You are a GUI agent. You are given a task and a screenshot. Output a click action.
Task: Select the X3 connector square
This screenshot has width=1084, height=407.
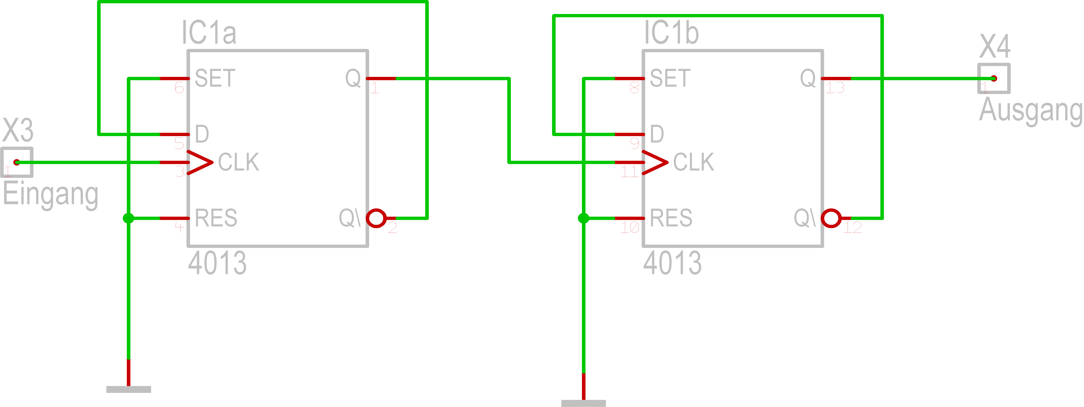tap(17, 162)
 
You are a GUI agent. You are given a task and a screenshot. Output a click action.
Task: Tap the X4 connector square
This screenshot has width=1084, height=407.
tap(994, 78)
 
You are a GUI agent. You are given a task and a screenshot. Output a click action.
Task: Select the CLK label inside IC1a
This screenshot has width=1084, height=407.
tap(239, 162)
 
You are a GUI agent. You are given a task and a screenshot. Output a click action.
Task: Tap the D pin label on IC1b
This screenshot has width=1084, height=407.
tap(657, 134)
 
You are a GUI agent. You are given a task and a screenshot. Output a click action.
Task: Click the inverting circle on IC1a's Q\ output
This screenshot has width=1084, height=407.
tap(376, 218)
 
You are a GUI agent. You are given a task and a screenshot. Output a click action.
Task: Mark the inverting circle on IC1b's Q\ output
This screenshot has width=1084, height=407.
tap(831, 218)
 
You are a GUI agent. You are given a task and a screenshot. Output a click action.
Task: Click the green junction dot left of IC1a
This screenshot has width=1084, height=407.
tap(128, 218)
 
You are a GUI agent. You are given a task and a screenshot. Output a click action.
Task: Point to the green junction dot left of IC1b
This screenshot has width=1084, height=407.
tap(583, 218)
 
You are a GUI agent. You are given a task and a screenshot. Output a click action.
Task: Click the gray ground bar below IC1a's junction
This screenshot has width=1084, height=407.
tap(128, 389)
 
